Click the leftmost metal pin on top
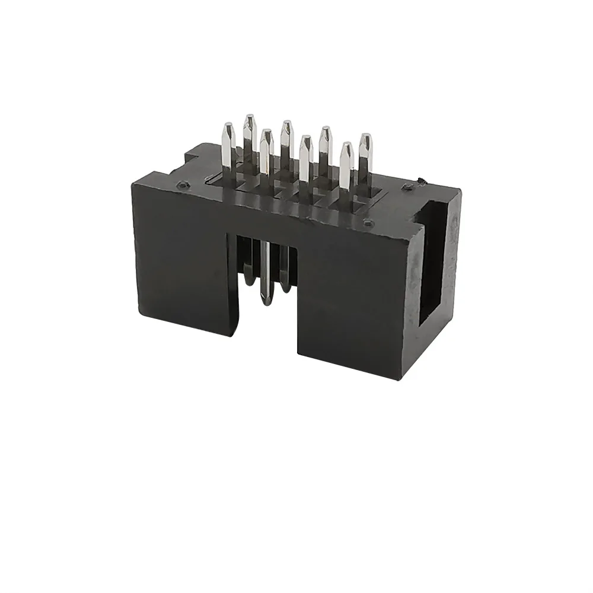[x=228, y=148]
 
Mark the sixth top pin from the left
[x=325, y=148]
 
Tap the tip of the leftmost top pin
[x=228, y=126]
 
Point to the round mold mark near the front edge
[x=368, y=224]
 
